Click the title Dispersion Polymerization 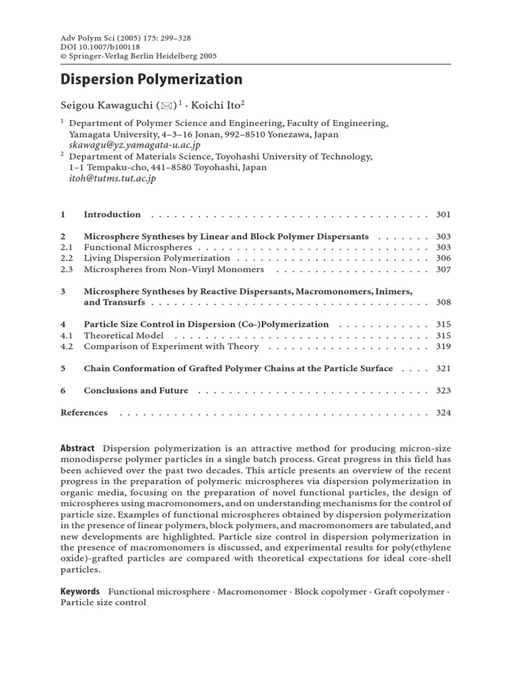point(151,80)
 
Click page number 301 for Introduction point(443,215)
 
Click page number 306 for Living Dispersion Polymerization point(443,259)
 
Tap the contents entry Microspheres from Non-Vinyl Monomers point(174,270)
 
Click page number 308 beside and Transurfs point(443,303)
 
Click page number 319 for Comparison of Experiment point(443,346)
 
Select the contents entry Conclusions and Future point(136,391)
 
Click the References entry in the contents point(84,412)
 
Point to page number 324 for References point(443,412)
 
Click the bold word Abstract point(77,449)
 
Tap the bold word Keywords point(80,592)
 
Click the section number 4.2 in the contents point(67,346)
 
